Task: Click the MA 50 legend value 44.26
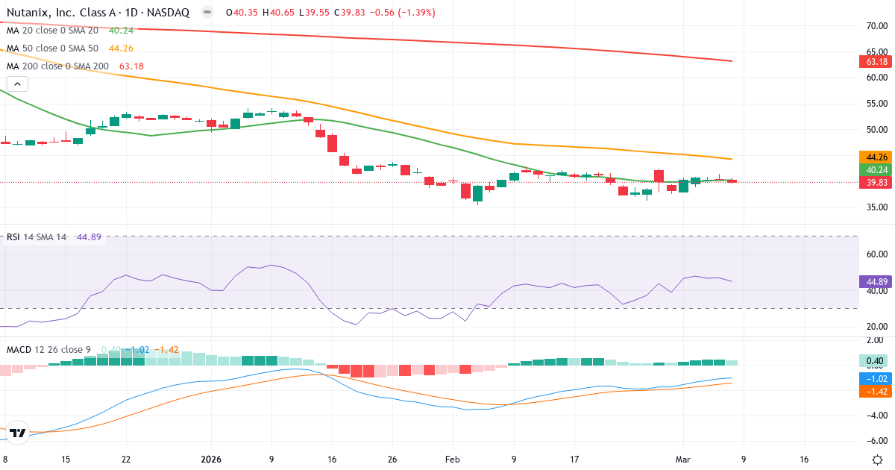(x=121, y=48)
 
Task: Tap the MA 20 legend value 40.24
(x=121, y=31)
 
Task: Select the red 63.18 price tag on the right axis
(x=876, y=61)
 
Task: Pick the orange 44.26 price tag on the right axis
(x=876, y=157)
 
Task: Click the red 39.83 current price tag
(x=876, y=182)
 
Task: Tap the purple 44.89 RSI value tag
(x=876, y=281)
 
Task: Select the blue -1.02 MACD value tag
(x=876, y=378)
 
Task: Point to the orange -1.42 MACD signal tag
(x=876, y=391)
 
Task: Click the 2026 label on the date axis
(x=212, y=439)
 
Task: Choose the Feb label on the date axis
(x=453, y=439)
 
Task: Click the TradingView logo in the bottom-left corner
(x=19, y=432)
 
